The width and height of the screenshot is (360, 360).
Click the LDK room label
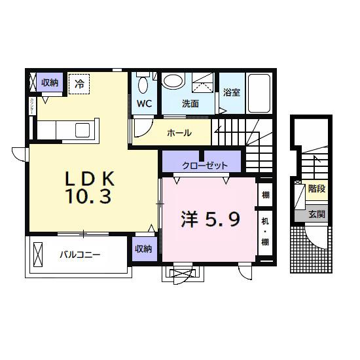click(x=90, y=178)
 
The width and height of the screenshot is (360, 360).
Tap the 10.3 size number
click(x=91, y=196)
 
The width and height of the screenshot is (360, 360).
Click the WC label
click(x=145, y=103)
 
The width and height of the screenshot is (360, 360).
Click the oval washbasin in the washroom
click(x=173, y=81)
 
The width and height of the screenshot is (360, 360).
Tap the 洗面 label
click(x=190, y=103)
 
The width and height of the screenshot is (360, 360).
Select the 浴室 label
click(x=231, y=92)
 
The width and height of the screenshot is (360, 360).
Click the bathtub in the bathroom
click(x=260, y=92)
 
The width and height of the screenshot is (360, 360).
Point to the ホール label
click(x=179, y=133)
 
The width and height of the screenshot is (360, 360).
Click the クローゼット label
click(x=205, y=165)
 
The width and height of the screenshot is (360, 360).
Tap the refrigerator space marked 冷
click(x=79, y=83)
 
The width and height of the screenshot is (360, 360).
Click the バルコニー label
click(x=81, y=255)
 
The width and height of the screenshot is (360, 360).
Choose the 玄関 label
click(x=317, y=213)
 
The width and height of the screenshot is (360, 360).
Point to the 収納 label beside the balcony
click(x=144, y=249)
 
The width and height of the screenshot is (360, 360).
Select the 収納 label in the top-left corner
click(x=50, y=82)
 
